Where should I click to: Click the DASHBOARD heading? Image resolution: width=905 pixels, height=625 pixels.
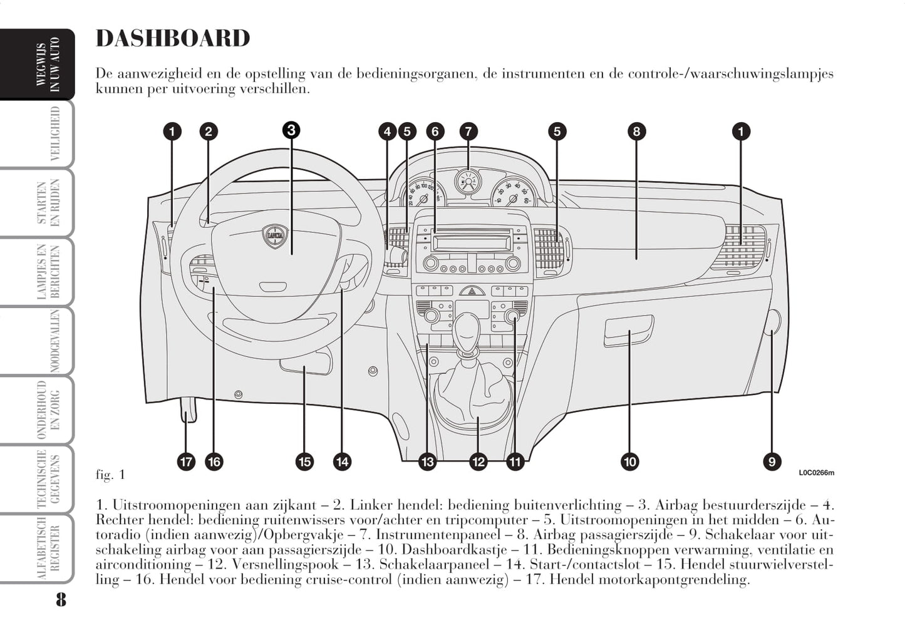click(x=173, y=39)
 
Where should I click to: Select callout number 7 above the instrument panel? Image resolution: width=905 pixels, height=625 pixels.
click(x=468, y=132)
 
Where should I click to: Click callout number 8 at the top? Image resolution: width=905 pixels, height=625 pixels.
click(x=636, y=132)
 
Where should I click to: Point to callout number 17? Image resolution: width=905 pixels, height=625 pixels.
click(x=186, y=462)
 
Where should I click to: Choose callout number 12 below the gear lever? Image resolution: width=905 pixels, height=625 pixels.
click(x=478, y=462)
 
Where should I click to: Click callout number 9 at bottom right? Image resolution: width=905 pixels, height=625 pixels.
click(x=772, y=462)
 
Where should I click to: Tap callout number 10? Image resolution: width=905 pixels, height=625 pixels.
click(x=629, y=462)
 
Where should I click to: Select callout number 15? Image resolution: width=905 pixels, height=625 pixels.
click(x=304, y=462)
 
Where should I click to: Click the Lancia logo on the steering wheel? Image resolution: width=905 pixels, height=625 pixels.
click(x=274, y=236)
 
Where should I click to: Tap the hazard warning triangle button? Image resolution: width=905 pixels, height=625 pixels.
click(x=472, y=291)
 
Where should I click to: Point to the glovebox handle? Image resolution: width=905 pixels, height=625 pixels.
click(x=628, y=330)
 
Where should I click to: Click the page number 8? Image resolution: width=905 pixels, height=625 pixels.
click(x=60, y=599)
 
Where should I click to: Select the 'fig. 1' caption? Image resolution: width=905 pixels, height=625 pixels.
click(x=110, y=475)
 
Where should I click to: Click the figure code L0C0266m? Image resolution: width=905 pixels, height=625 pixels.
click(x=816, y=473)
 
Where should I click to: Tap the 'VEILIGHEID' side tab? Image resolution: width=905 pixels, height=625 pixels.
click(x=55, y=134)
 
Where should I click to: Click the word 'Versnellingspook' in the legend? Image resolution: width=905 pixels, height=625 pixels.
click(x=273, y=565)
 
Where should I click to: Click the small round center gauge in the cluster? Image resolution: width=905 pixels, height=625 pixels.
click(x=467, y=182)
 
